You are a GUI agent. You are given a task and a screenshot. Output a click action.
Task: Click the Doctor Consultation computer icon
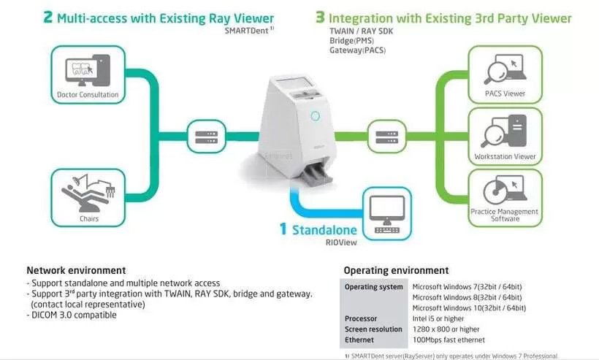click(x=88, y=70)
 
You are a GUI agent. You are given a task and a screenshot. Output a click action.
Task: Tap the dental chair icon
click(x=88, y=193)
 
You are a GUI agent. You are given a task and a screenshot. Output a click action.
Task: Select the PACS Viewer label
click(x=505, y=93)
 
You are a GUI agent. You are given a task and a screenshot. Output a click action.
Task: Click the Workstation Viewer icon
click(x=505, y=131)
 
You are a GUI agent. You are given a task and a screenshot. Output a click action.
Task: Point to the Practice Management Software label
click(x=505, y=215)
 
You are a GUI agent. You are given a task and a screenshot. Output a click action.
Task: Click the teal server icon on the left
click(x=206, y=137)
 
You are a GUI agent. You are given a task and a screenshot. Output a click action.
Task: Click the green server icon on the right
click(x=386, y=137)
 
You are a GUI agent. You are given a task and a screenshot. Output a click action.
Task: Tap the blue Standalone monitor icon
click(x=386, y=214)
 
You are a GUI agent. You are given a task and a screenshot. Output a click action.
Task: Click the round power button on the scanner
click(x=315, y=115)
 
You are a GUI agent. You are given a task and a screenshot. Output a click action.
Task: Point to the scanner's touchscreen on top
click(x=293, y=83)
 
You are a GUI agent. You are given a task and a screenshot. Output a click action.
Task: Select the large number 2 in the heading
click(x=47, y=18)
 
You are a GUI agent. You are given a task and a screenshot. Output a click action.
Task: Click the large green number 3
click(x=320, y=18)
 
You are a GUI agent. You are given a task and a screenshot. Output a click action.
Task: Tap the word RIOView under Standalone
click(x=341, y=242)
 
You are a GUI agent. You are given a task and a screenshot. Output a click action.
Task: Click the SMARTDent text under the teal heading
click(x=247, y=31)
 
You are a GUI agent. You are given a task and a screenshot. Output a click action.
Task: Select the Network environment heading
click(x=76, y=270)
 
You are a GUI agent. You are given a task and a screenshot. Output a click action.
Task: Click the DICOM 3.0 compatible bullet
click(x=72, y=315)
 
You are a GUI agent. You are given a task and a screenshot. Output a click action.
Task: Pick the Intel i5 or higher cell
click(x=438, y=318)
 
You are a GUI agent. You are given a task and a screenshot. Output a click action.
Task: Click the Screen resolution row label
click(x=373, y=329)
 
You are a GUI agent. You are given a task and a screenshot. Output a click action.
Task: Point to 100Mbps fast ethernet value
click(x=449, y=340)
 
